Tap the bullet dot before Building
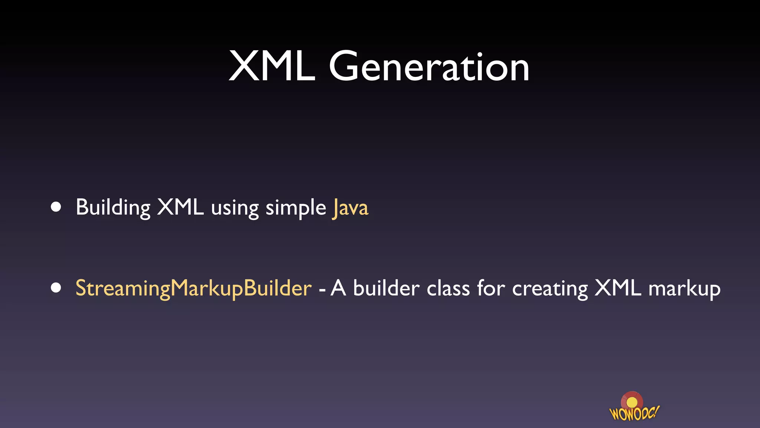pos(56,207)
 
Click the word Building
pos(113,207)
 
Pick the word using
pos(235,208)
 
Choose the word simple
pos(296,208)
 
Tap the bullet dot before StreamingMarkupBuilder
pos(56,288)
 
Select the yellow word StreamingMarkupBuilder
pos(193,288)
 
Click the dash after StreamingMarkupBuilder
pos(322,289)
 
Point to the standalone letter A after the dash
pos(338,288)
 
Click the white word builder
pos(386,288)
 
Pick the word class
pos(448,288)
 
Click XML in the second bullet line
pos(617,288)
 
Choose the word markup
pos(684,289)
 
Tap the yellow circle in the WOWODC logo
pos(632,402)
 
